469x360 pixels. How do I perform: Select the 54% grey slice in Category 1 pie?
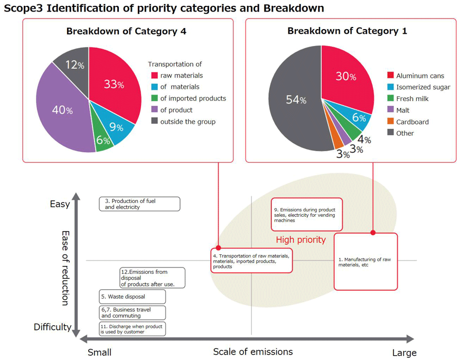pyautogui.click(x=293, y=100)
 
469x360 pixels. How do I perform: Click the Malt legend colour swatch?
pyautogui.click(x=390, y=110)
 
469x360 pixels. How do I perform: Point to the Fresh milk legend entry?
pyautogui.click(x=412, y=99)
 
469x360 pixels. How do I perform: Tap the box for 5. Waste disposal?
pyautogui.click(x=133, y=297)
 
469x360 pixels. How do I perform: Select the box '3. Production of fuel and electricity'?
pyautogui.click(x=139, y=204)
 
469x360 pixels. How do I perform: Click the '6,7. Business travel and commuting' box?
pyautogui.click(x=133, y=312)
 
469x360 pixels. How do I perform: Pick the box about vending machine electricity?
pyautogui.click(x=307, y=215)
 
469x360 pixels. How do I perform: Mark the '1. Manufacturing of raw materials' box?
pyautogui.click(x=365, y=262)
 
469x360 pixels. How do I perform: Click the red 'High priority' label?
pyautogui.click(x=301, y=240)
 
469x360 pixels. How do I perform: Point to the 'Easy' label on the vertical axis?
pyautogui.click(x=60, y=204)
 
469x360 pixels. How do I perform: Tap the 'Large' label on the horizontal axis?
pyautogui.click(x=404, y=353)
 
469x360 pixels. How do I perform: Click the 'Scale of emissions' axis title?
pyautogui.click(x=252, y=352)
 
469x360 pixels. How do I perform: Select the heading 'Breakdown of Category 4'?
pyautogui.click(x=126, y=31)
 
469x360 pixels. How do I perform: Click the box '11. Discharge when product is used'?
pyautogui.click(x=133, y=329)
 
